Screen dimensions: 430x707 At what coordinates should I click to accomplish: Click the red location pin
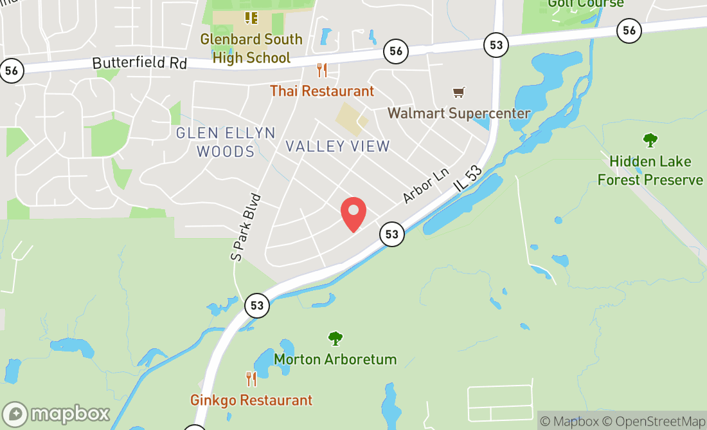pyautogui.click(x=353, y=214)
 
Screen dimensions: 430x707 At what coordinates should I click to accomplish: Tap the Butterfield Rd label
pyautogui.click(x=139, y=63)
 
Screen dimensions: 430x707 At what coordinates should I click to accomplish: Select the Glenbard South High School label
pyautogui.click(x=251, y=48)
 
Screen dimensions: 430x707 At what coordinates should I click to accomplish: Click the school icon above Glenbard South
pyautogui.click(x=251, y=17)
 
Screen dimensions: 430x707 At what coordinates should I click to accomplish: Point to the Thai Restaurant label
pyautogui.click(x=322, y=91)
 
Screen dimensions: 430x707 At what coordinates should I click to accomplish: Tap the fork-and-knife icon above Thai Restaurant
pyautogui.click(x=322, y=70)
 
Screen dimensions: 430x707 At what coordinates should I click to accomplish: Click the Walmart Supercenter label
pyautogui.click(x=459, y=113)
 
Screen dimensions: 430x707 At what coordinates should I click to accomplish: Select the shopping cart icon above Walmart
pyautogui.click(x=459, y=93)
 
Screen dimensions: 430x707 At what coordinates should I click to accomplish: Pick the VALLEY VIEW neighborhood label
pyautogui.click(x=337, y=146)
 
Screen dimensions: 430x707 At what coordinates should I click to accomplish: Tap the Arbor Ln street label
pyautogui.click(x=425, y=186)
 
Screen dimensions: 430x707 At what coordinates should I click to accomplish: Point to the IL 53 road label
pyautogui.click(x=469, y=174)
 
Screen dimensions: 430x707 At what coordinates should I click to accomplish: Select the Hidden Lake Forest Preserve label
pyautogui.click(x=650, y=171)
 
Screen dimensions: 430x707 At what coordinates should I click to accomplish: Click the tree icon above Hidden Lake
pyautogui.click(x=650, y=140)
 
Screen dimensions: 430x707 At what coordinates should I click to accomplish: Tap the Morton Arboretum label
pyautogui.click(x=336, y=359)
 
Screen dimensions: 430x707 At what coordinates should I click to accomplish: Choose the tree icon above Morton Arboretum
pyautogui.click(x=335, y=338)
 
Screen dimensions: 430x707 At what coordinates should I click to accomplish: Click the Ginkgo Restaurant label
pyautogui.click(x=251, y=400)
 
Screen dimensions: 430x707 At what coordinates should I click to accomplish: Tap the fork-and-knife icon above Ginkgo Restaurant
pyautogui.click(x=251, y=379)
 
